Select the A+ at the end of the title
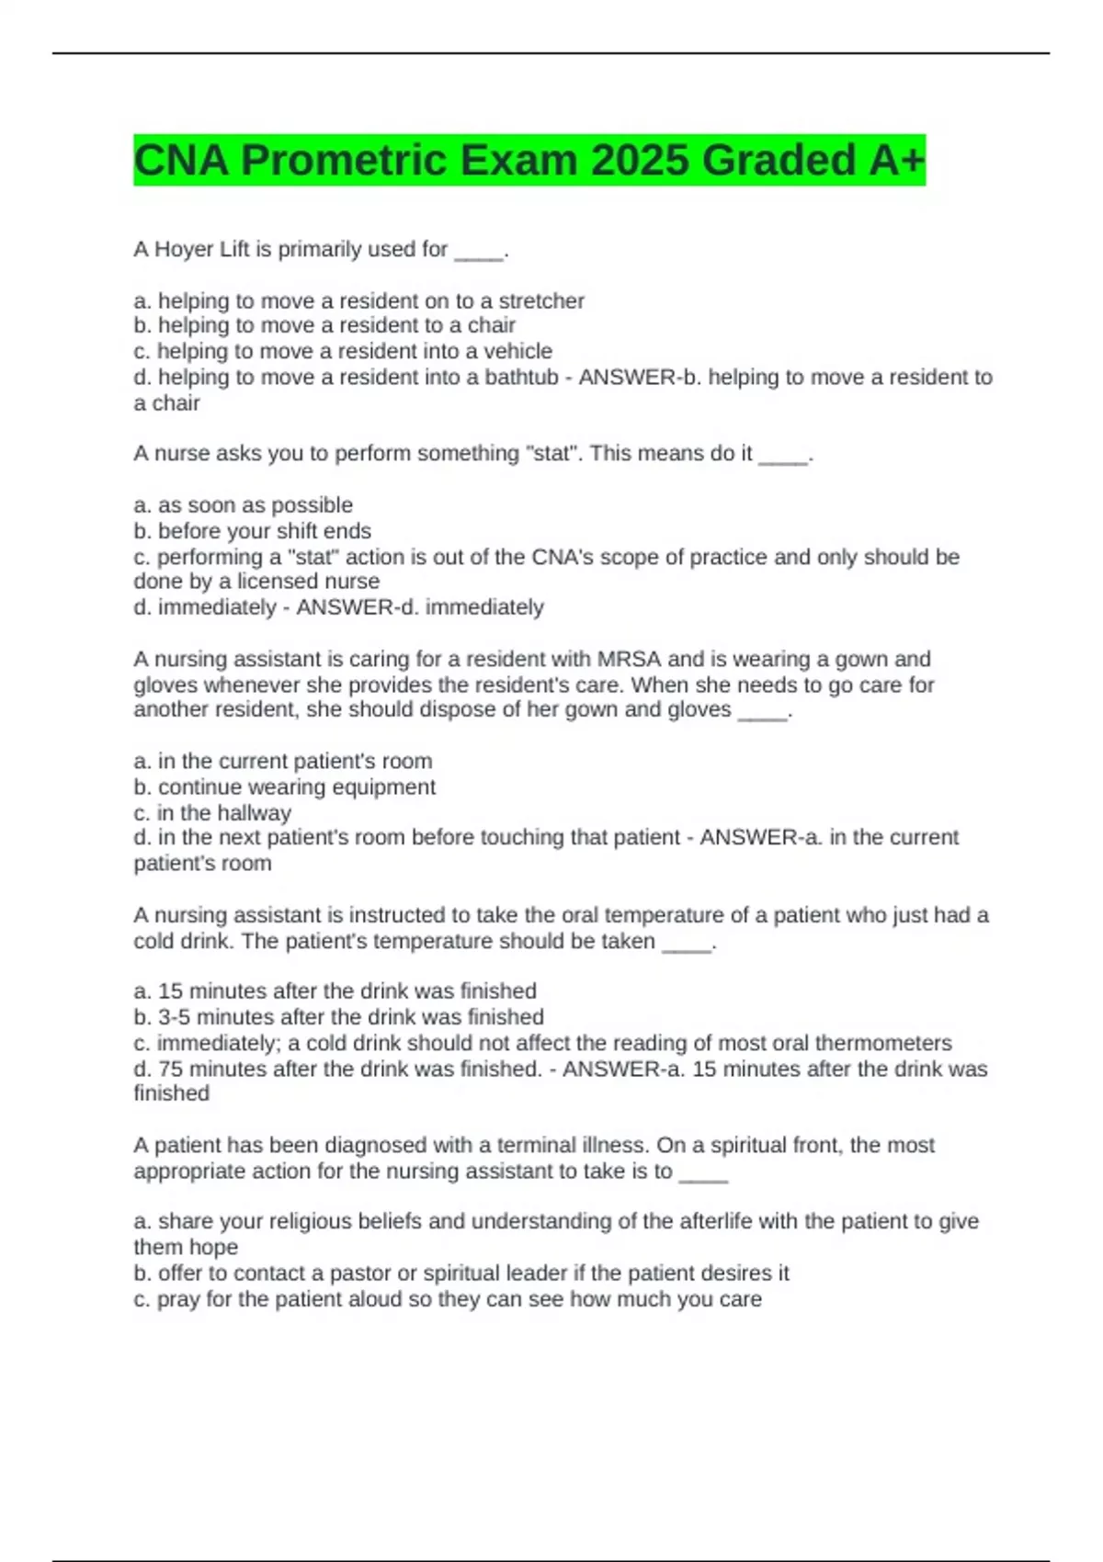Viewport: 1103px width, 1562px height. pos(896,161)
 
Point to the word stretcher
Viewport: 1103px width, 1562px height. pos(541,300)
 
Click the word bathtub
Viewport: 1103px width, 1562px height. pos(521,377)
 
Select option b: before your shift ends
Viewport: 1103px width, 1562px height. pos(253,531)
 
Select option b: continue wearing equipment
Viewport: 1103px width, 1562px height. pos(285,787)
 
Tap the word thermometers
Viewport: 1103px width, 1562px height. pos(883,1043)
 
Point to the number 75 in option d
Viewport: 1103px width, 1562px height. pos(170,1069)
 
